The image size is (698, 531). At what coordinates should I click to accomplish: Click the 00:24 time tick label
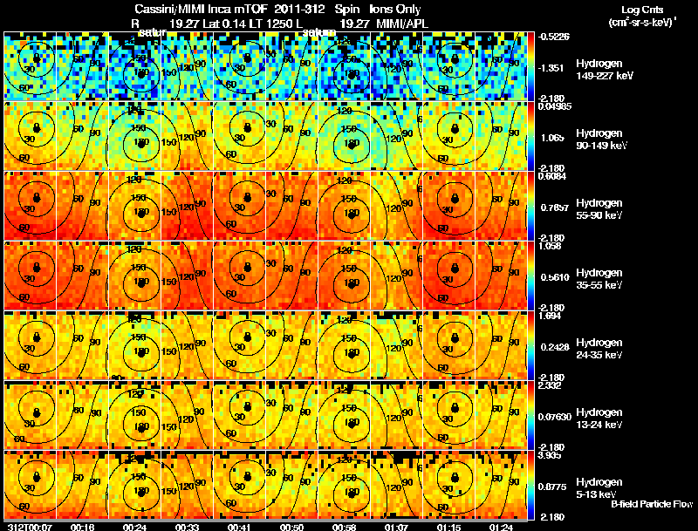tap(135, 527)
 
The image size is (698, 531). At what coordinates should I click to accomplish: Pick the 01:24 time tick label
tap(501, 527)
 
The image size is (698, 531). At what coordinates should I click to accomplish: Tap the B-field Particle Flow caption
tap(652, 505)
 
